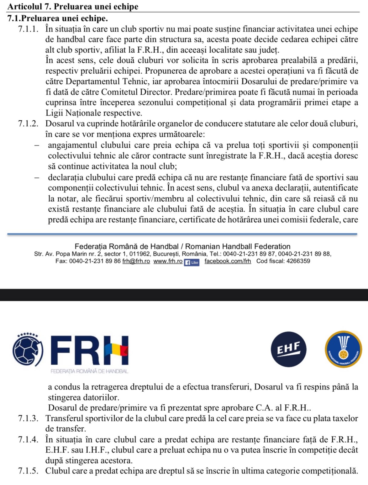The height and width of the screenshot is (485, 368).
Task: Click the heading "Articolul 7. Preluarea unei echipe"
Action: coord(73,6)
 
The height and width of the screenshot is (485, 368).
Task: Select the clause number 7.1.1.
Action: coord(28,29)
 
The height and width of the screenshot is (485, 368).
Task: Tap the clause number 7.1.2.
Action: coord(28,124)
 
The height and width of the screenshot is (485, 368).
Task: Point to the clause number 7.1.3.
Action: coord(28,418)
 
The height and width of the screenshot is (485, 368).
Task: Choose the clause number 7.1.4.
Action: coord(28,440)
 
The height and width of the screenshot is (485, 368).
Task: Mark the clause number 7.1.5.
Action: coord(28,471)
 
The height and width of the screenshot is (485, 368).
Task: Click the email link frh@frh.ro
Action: coord(136,261)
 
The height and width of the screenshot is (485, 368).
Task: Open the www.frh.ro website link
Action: coord(168,261)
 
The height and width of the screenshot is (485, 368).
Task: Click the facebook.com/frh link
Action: coord(228,261)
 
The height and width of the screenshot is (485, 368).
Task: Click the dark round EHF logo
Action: coord(288,349)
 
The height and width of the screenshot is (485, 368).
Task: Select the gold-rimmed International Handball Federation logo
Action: coord(343,349)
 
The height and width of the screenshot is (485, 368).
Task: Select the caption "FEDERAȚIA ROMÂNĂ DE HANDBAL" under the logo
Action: coord(89,371)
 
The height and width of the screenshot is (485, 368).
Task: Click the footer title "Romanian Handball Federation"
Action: coord(238,246)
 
